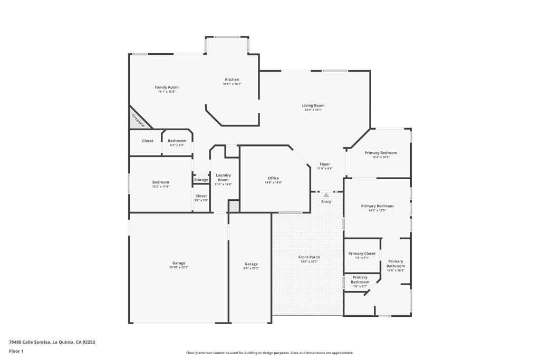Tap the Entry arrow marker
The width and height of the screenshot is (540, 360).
[326, 195]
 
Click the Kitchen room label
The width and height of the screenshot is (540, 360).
[232, 80]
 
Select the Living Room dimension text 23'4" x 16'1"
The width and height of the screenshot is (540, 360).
[313, 110]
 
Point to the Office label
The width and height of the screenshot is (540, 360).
[274, 178]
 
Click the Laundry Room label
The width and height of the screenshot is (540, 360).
[223, 178]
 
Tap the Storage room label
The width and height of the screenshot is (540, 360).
[201, 180]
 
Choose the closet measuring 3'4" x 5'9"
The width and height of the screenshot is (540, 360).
[201, 198]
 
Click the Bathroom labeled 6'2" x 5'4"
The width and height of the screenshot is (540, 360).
[177, 142]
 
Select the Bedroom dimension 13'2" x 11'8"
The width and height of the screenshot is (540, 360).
[161, 187]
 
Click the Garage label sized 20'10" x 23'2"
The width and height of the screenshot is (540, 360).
[179, 265]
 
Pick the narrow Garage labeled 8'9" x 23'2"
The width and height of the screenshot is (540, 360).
[251, 266]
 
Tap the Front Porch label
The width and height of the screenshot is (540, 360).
[309, 257]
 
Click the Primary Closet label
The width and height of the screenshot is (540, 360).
[362, 254]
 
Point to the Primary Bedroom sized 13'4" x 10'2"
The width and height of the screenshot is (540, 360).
[381, 154]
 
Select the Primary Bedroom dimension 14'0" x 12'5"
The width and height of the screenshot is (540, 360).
[377, 210]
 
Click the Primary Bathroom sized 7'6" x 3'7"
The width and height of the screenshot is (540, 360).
[360, 281]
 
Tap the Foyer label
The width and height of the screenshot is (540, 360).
[325, 164]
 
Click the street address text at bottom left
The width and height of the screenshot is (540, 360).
[52, 342]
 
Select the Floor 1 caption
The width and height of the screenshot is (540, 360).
[16, 351]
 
